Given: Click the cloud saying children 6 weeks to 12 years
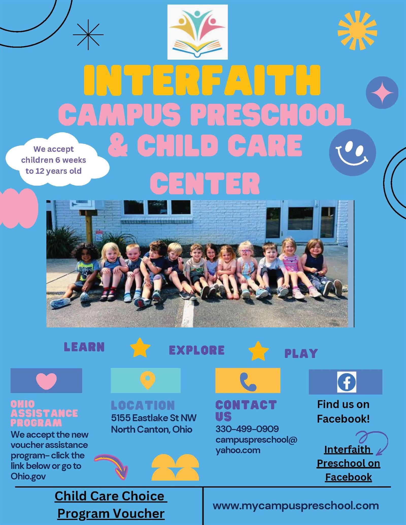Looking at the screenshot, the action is (x=57, y=160).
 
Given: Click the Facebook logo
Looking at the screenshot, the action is (x=346, y=382).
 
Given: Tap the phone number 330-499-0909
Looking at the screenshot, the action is (x=247, y=429).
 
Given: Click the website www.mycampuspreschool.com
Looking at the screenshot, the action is (x=295, y=505).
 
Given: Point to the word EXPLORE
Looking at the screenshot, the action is (x=197, y=350).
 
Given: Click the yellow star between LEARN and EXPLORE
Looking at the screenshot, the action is (x=140, y=347).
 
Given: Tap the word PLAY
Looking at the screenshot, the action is (x=301, y=353).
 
